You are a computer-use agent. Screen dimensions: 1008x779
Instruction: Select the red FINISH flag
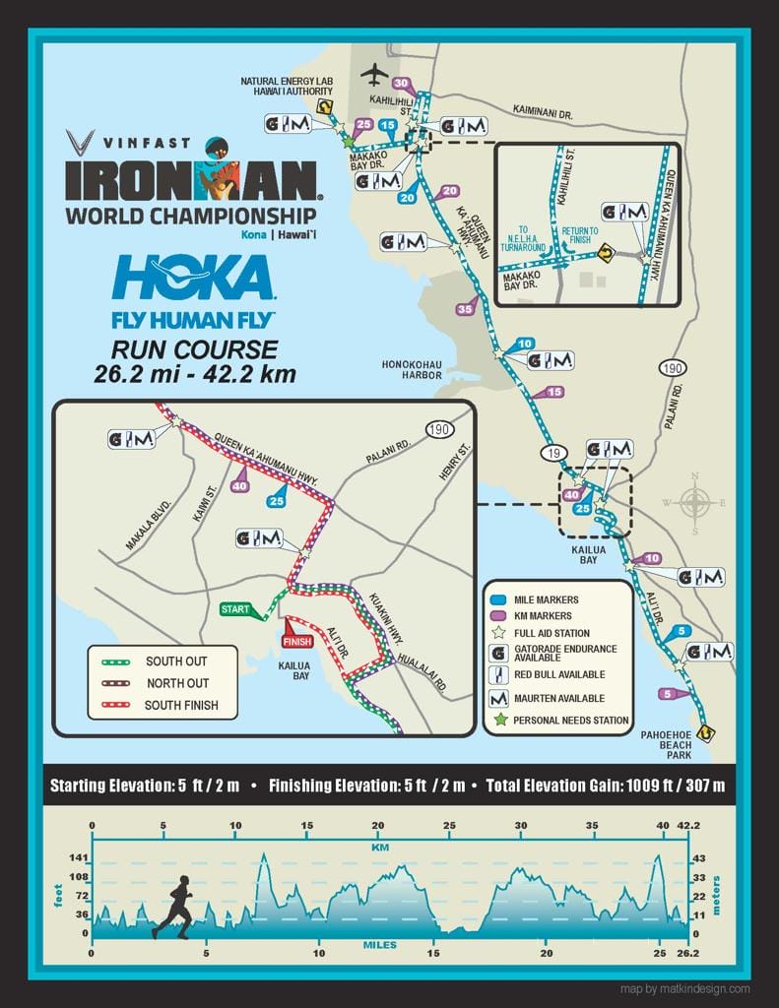tap(297, 640)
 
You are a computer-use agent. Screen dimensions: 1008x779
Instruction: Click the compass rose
tap(696, 503)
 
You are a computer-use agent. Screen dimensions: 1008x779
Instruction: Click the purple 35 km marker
tap(466, 309)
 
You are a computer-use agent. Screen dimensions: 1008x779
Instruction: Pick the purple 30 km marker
tap(401, 84)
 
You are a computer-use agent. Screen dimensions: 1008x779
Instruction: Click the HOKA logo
tap(193, 278)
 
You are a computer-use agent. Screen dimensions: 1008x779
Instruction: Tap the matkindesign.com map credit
tap(685, 989)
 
